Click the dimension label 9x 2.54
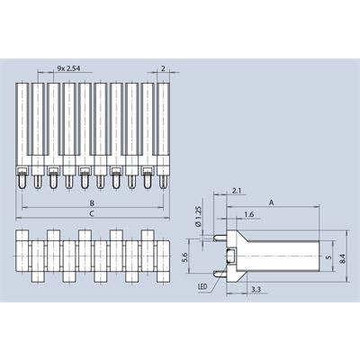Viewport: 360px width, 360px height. click(x=68, y=68)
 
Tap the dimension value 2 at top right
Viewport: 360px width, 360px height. click(x=163, y=68)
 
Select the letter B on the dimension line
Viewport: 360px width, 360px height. click(x=92, y=203)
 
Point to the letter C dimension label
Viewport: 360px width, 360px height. click(x=92, y=213)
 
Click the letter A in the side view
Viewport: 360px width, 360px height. click(x=271, y=202)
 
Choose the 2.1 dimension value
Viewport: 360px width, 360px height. click(x=237, y=190)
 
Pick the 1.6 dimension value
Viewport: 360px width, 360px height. click(x=249, y=214)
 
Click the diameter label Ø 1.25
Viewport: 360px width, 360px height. click(x=198, y=216)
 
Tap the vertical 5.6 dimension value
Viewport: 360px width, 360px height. click(x=184, y=257)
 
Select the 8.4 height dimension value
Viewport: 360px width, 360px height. click(x=343, y=259)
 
